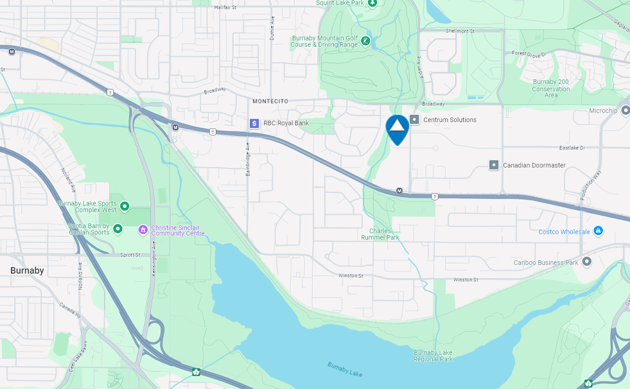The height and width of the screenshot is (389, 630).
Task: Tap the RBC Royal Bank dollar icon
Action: click(x=254, y=123)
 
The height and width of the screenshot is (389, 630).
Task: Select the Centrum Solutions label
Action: click(x=450, y=120)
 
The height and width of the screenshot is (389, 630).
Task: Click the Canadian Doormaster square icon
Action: click(x=494, y=165)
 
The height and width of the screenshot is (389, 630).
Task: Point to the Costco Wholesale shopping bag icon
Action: click(x=598, y=231)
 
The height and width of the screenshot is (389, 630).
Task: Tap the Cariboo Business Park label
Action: click(x=547, y=263)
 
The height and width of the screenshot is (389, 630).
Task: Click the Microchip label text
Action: click(x=602, y=110)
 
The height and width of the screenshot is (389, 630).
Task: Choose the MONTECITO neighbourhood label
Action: click(x=270, y=101)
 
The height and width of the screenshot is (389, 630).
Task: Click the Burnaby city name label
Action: click(x=27, y=271)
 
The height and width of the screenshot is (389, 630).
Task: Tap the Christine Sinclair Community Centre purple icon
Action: click(x=143, y=229)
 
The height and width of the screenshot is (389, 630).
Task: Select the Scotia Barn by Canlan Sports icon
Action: click(x=118, y=229)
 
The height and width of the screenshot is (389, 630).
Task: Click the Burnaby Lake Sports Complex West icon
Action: click(x=125, y=206)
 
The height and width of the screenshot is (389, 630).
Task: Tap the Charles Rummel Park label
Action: click(x=384, y=234)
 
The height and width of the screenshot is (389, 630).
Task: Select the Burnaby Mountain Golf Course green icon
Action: click(x=365, y=42)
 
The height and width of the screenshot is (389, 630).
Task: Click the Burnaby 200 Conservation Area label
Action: click(x=551, y=89)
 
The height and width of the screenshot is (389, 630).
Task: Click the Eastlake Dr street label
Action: click(x=572, y=148)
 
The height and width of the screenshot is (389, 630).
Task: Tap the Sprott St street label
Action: click(x=130, y=255)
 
